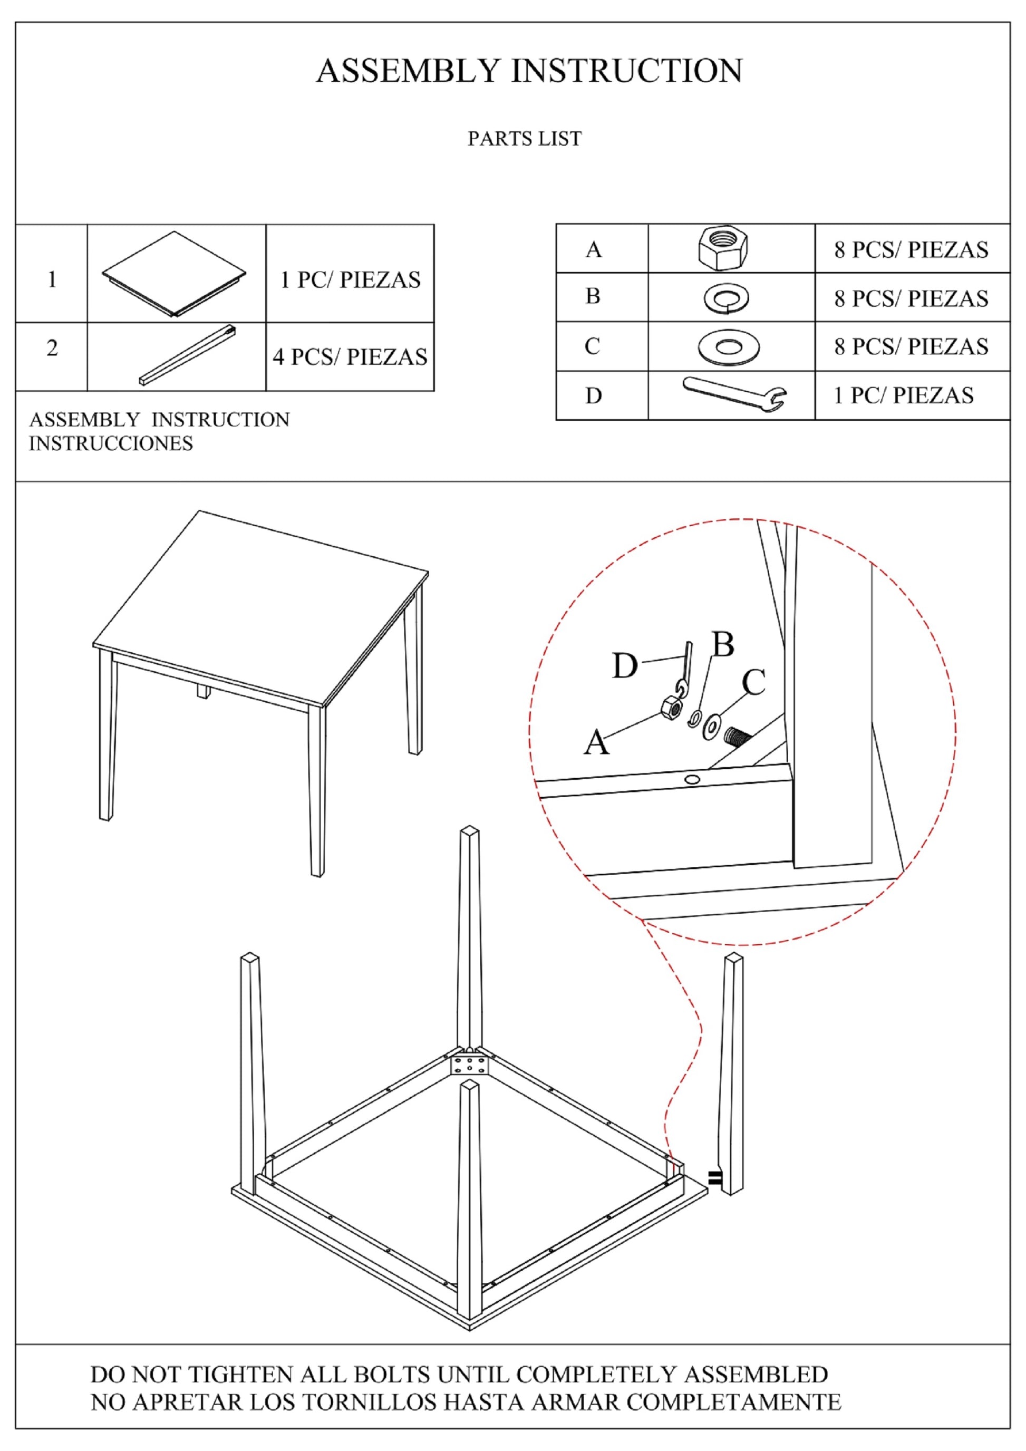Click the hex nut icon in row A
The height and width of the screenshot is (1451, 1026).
pyautogui.click(x=723, y=248)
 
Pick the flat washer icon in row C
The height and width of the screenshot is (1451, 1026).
pyautogui.click(x=729, y=347)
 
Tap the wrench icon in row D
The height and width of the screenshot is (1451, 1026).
pyautogui.click(x=735, y=395)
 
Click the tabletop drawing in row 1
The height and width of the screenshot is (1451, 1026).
pyautogui.click(x=175, y=274)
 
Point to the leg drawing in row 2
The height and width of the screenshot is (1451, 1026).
pyautogui.click(x=188, y=354)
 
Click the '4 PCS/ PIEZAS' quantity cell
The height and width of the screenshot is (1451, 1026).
pyautogui.click(x=350, y=357)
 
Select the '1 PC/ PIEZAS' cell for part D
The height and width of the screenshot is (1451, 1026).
pyautogui.click(x=904, y=395)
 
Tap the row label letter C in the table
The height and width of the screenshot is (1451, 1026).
pyautogui.click(x=592, y=346)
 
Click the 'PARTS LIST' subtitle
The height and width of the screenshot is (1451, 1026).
pyautogui.click(x=525, y=138)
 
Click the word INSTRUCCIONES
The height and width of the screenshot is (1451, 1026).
pyautogui.click(x=111, y=443)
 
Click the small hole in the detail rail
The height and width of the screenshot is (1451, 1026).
pyautogui.click(x=692, y=779)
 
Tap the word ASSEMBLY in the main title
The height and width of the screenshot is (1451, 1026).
pyautogui.click(x=408, y=71)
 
